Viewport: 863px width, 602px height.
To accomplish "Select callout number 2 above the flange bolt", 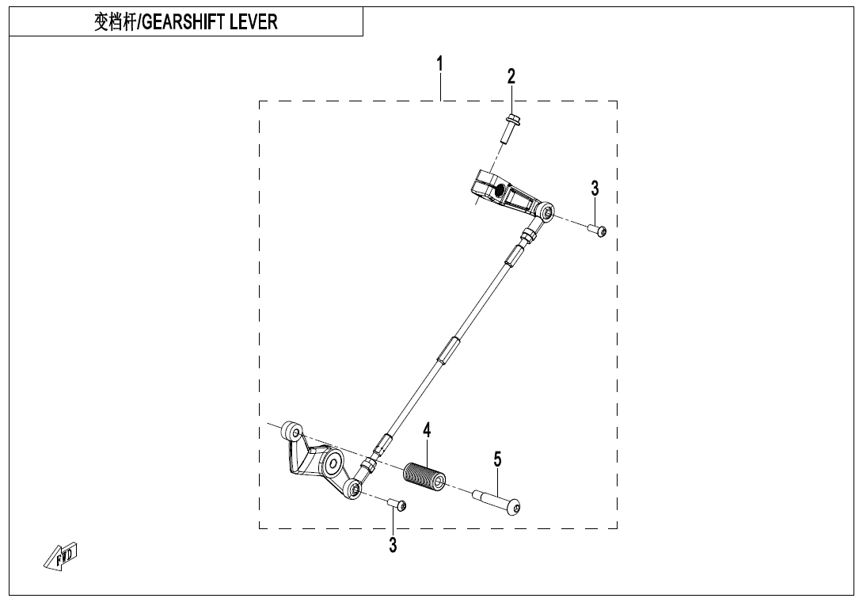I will click(511, 76).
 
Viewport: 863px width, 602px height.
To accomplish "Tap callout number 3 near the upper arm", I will click(595, 189).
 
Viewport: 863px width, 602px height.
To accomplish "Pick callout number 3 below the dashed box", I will click(393, 545).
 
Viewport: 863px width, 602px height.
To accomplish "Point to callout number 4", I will click(428, 431).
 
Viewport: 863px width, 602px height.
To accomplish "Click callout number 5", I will click(497, 459).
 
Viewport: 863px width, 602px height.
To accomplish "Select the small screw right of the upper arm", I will click(597, 230).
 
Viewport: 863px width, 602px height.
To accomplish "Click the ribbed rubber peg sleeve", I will click(425, 474).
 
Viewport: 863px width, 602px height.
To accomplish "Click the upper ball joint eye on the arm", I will click(547, 211).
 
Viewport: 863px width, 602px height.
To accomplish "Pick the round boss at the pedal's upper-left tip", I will click(293, 432).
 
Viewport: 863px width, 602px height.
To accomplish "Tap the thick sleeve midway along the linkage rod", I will click(446, 349).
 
